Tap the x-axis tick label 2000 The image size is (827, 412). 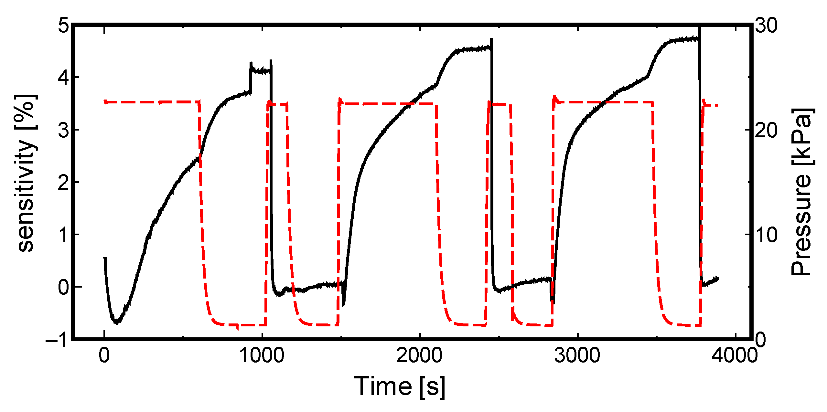[419, 355]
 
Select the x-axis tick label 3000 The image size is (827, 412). [577, 355]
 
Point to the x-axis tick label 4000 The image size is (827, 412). [735, 355]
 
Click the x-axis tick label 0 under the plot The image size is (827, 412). [104, 355]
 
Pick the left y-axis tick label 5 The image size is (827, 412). [63, 25]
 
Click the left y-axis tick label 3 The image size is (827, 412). [63, 130]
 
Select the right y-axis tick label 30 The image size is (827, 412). [766, 25]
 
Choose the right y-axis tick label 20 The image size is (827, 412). [766, 131]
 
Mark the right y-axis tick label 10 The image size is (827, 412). [766, 235]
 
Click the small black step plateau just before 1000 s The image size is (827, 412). [261, 70]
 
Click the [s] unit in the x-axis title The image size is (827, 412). [432, 387]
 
